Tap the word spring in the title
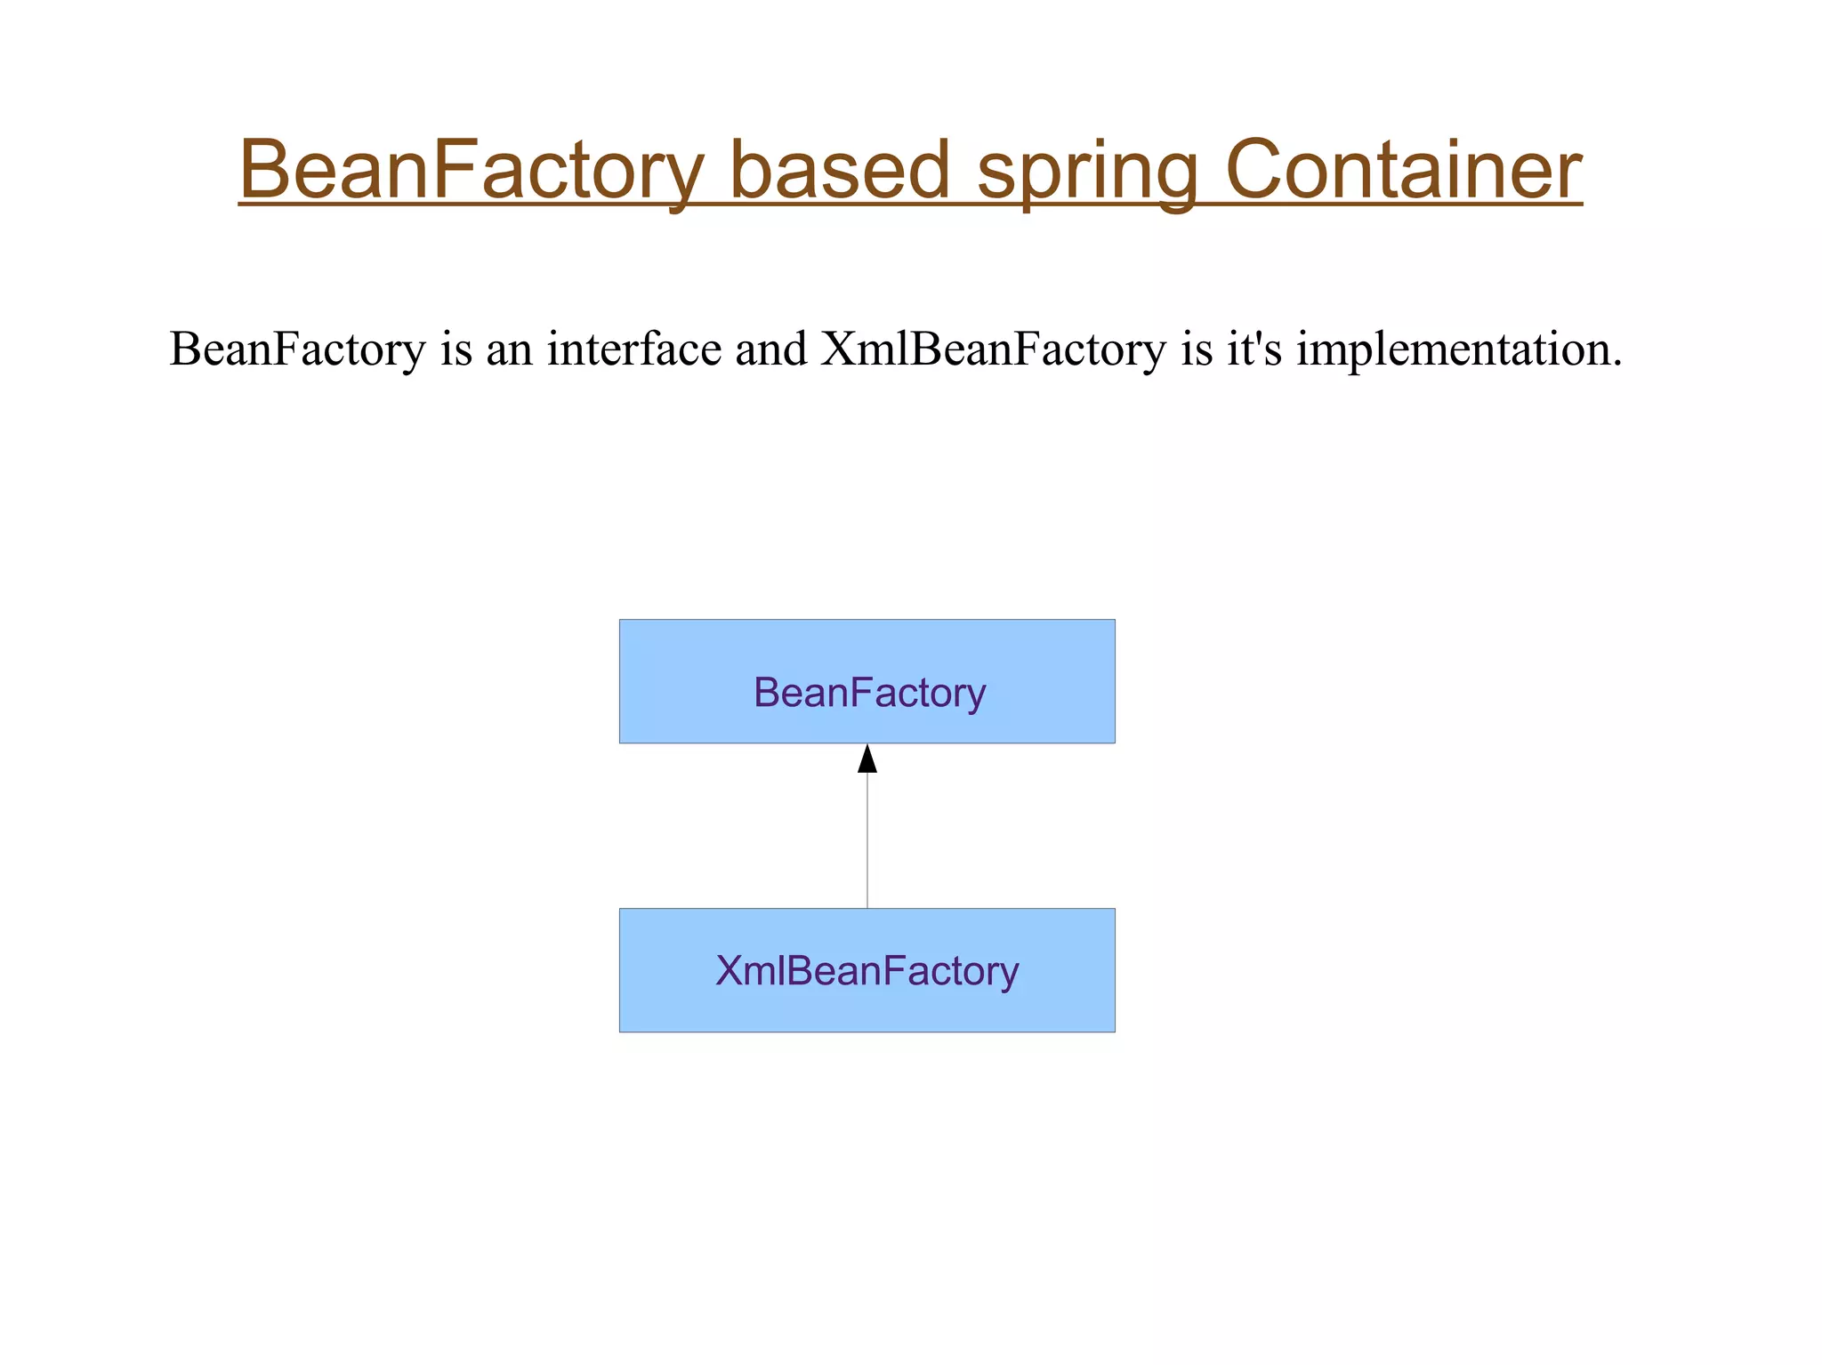(x=1088, y=170)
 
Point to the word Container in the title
(x=1403, y=170)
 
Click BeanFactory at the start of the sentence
(x=298, y=349)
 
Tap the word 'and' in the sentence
(x=771, y=349)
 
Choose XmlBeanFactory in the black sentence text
(x=993, y=349)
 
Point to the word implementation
(x=1454, y=349)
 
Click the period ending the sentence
(x=1617, y=364)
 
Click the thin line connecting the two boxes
(x=867, y=840)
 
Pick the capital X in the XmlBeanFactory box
(x=729, y=970)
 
